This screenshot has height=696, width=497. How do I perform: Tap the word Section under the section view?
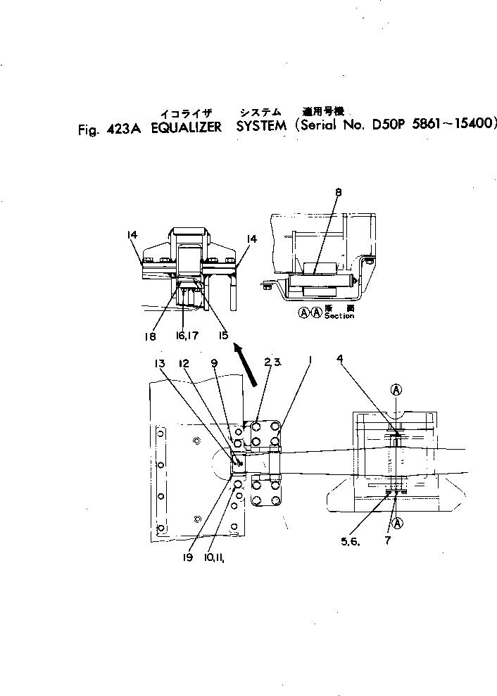tap(339, 317)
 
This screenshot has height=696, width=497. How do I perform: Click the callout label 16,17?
tap(185, 337)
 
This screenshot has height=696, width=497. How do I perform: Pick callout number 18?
tap(149, 337)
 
